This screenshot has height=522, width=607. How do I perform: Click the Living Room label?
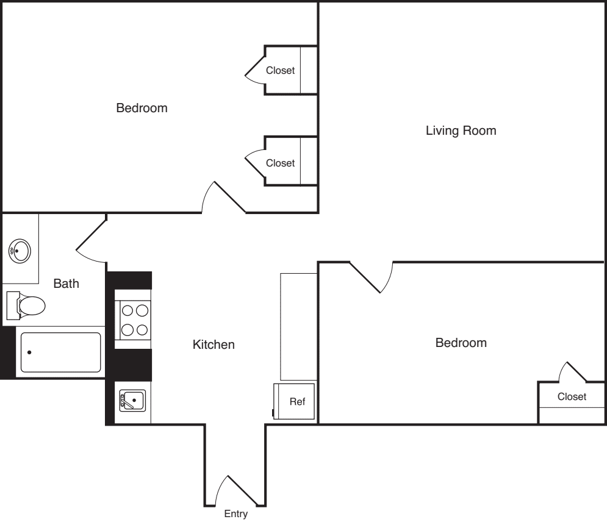[x=461, y=130]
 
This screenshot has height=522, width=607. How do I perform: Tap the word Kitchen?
[x=214, y=345]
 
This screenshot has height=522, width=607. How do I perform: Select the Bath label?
[x=66, y=284]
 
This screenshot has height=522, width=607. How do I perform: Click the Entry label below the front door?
[x=236, y=514]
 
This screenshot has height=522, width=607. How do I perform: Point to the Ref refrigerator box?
[x=295, y=402]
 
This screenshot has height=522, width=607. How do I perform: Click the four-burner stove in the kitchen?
[x=134, y=320]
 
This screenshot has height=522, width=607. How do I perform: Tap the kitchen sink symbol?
[x=132, y=401]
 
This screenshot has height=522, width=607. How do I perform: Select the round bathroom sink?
[x=20, y=250]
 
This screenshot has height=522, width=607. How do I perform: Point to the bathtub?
[x=60, y=352]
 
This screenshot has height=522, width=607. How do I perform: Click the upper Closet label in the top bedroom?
[x=280, y=71]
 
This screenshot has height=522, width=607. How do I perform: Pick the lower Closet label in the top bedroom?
[x=280, y=163]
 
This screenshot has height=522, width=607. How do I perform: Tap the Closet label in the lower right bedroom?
[x=572, y=397]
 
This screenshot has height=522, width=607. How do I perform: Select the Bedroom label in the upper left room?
[x=142, y=109]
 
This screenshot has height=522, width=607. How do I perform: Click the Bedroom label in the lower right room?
[x=461, y=343]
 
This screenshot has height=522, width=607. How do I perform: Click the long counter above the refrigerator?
[x=298, y=326]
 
